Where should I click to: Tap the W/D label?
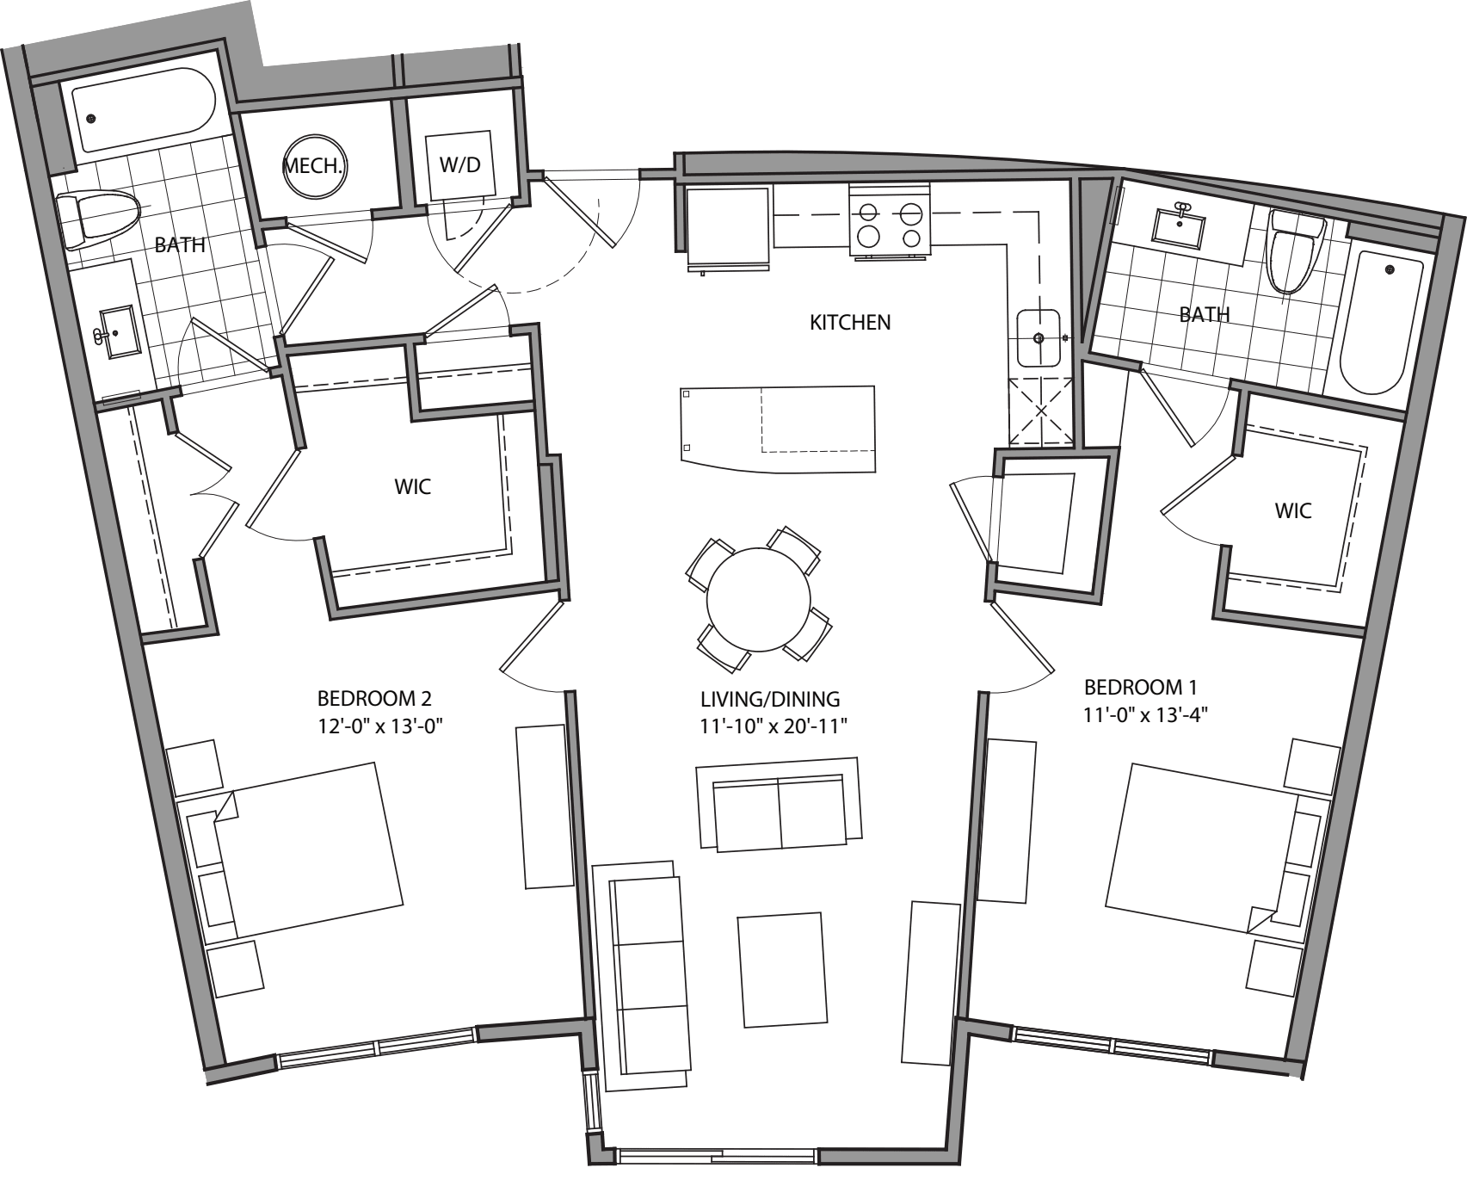tap(460, 165)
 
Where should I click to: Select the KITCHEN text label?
tap(850, 323)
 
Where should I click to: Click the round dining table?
tap(759, 600)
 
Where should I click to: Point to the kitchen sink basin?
tap(1039, 338)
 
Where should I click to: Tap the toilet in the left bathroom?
tap(99, 215)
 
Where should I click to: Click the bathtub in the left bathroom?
tap(144, 111)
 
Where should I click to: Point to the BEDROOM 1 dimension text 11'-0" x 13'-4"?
tap(1140, 714)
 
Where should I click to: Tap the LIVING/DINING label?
tap(769, 700)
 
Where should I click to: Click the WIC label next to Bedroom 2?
tap(412, 487)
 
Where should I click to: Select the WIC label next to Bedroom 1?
tap(1293, 511)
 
